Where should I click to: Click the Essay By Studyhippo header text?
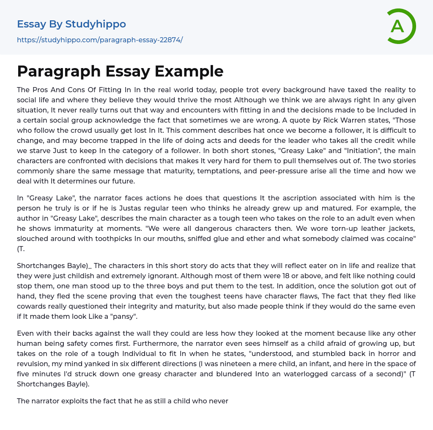click(x=71, y=24)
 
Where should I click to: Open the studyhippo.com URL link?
click(x=100, y=40)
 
